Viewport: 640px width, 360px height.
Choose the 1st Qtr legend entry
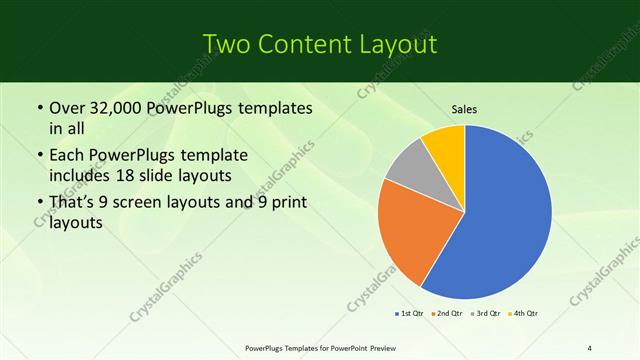410,314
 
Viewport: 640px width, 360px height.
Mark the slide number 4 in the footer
590,347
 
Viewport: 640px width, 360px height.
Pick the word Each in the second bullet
68,156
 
